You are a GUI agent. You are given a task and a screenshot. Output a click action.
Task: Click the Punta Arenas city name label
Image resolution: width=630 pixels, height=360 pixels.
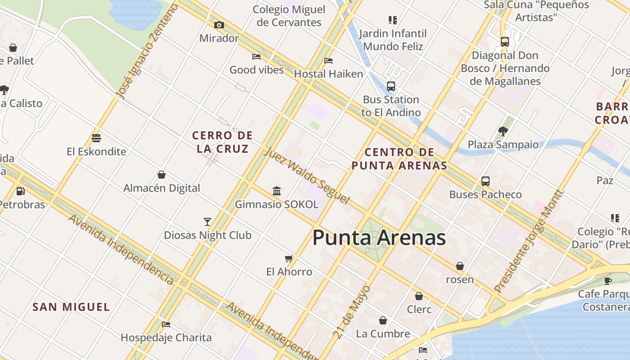(379, 238)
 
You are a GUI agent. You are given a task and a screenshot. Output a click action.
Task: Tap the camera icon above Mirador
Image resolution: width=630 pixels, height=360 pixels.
(219, 25)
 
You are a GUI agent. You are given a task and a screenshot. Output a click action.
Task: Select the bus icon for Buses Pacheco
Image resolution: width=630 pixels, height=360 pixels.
(485, 181)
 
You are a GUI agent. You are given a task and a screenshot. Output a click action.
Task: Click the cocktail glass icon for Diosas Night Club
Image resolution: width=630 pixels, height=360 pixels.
(207, 221)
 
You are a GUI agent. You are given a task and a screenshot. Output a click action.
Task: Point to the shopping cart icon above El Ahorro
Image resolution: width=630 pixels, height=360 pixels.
(289, 258)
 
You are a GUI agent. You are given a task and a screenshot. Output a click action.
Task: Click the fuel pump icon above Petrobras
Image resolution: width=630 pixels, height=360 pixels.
(20, 191)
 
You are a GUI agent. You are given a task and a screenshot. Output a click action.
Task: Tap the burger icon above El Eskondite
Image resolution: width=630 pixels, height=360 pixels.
(96, 138)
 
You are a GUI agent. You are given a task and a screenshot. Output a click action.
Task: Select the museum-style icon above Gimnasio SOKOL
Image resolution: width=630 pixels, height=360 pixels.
(277, 191)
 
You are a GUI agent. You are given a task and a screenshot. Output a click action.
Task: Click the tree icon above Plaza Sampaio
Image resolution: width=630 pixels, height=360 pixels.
(503, 131)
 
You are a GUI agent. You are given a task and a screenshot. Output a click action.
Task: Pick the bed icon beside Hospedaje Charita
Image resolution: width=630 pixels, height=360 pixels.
(166, 324)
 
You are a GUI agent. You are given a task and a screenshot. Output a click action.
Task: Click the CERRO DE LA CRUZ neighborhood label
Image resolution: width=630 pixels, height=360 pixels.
(222, 142)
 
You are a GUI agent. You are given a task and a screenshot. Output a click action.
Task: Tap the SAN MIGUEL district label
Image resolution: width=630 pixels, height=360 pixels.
(71, 307)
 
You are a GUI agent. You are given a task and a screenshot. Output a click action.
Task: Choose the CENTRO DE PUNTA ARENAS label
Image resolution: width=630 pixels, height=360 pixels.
(399, 159)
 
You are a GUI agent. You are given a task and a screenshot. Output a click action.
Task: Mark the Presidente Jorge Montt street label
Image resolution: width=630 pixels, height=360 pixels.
(529, 241)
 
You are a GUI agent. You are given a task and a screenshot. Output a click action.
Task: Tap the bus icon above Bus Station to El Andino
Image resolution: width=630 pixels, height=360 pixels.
(391, 86)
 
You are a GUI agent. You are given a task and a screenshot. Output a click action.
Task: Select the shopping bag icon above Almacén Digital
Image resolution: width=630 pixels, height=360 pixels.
(162, 175)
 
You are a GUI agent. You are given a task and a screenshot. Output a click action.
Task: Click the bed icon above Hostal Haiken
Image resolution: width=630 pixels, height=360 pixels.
(328, 61)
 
